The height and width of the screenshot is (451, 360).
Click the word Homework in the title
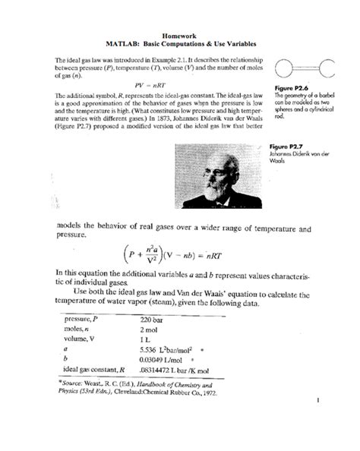[179, 36]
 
